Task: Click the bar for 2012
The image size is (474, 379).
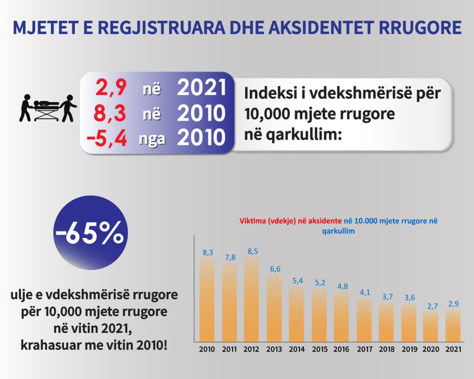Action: (251, 299)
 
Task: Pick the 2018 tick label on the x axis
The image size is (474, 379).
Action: (387, 349)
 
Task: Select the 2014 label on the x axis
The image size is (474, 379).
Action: (297, 349)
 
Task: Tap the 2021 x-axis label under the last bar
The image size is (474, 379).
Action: (453, 349)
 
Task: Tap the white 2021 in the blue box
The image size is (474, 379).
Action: (201, 88)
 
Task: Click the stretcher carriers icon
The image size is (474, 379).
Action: (48, 108)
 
